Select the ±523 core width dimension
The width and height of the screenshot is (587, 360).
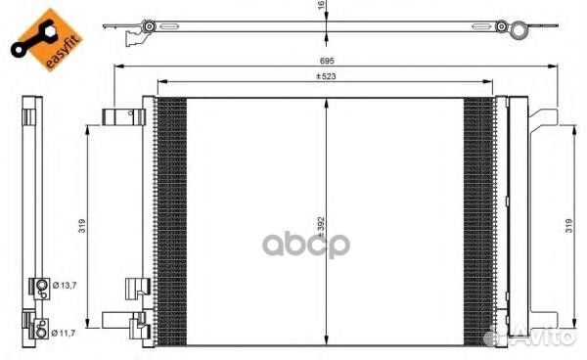point(325,76)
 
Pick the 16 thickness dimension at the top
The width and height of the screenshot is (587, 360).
point(321,7)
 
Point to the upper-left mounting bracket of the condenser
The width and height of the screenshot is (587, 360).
point(123,118)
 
